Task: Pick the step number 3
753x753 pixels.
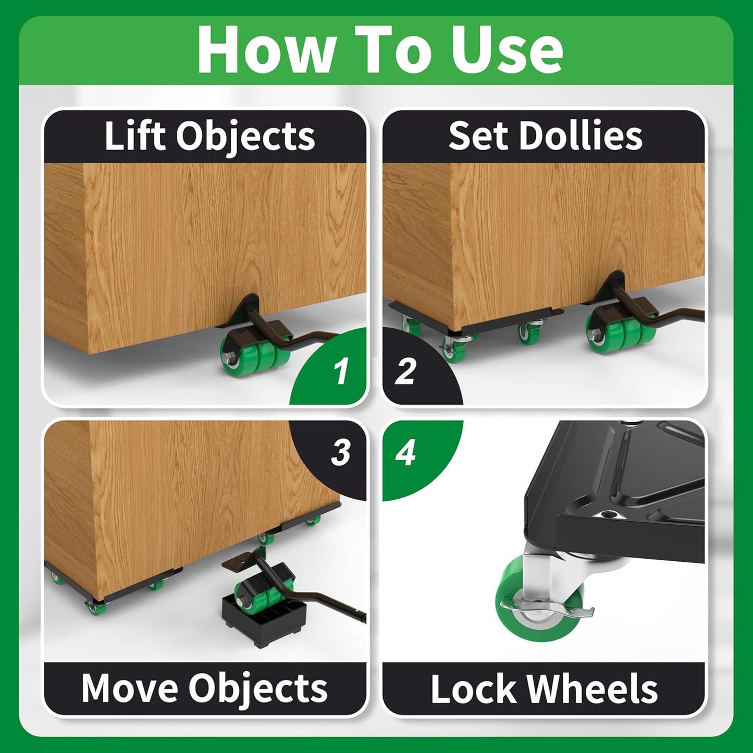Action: pyautogui.click(x=341, y=453)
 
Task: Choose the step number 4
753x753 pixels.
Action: pyautogui.click(x=405, y=453)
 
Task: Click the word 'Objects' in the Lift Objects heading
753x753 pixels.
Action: pyautogui.click(x=245, y=137)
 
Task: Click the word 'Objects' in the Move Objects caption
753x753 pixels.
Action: pyautogui.click(x=258, y=689)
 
